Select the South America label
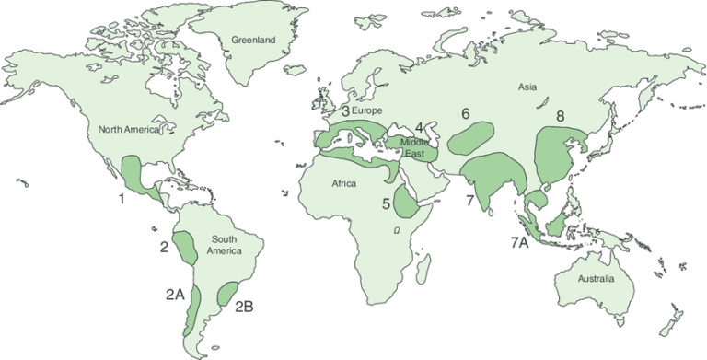224,244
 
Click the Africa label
351,183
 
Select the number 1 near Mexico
121,197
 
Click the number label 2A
175,294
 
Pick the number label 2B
245,306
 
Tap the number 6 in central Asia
466,114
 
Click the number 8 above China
561,116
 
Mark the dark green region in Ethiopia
405,201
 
